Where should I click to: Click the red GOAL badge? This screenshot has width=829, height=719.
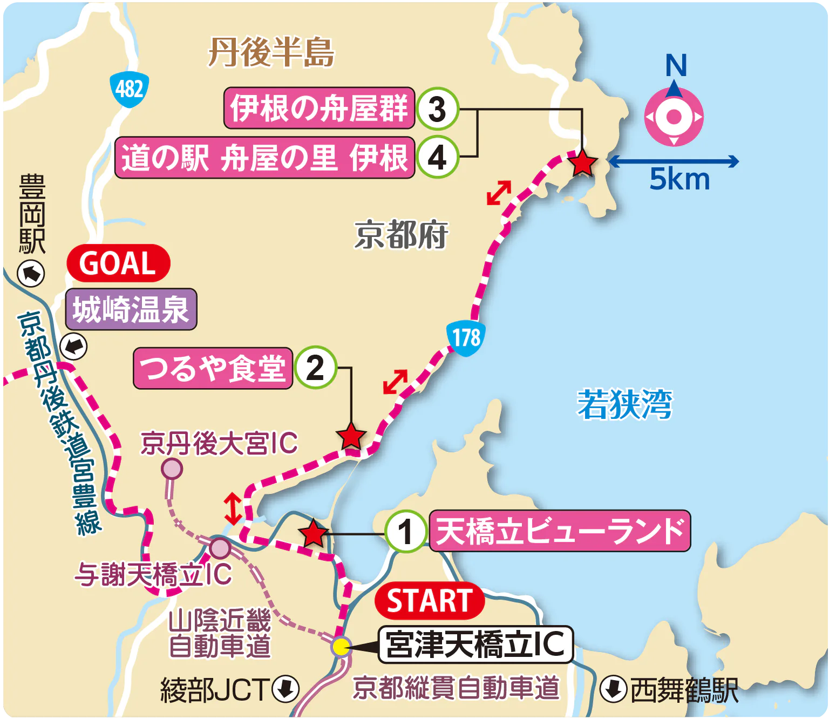coord(118,263)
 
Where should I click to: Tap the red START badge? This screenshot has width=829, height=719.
coord(429,601)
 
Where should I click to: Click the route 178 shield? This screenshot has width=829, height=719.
coord(466,338)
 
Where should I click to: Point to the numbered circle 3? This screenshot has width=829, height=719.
coord(437,109)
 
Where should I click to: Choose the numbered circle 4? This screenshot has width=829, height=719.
coord(437,158)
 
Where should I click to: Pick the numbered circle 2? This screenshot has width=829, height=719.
coord(315,368)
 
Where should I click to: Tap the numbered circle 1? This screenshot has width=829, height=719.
coord(406,531)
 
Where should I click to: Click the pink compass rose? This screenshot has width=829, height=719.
coord(674,117)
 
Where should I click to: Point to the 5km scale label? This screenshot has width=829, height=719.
coord(679,180)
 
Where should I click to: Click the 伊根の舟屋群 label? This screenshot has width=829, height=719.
coord(319,108)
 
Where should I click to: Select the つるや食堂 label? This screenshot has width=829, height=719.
coord(213,368)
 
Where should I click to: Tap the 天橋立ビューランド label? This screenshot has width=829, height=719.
coord(560,531)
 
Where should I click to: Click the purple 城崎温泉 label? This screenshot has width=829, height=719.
coord(131,309)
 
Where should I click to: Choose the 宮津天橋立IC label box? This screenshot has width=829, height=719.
coord(475,645)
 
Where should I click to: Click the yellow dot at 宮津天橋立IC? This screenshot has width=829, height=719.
coord(341,646)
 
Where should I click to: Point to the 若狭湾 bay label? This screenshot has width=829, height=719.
coord(624,404)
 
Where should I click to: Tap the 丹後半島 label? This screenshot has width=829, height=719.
coord(271,52)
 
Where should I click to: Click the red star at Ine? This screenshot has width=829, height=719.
coord(582,162)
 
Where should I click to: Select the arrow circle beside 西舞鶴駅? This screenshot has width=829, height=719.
coord(614,689)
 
